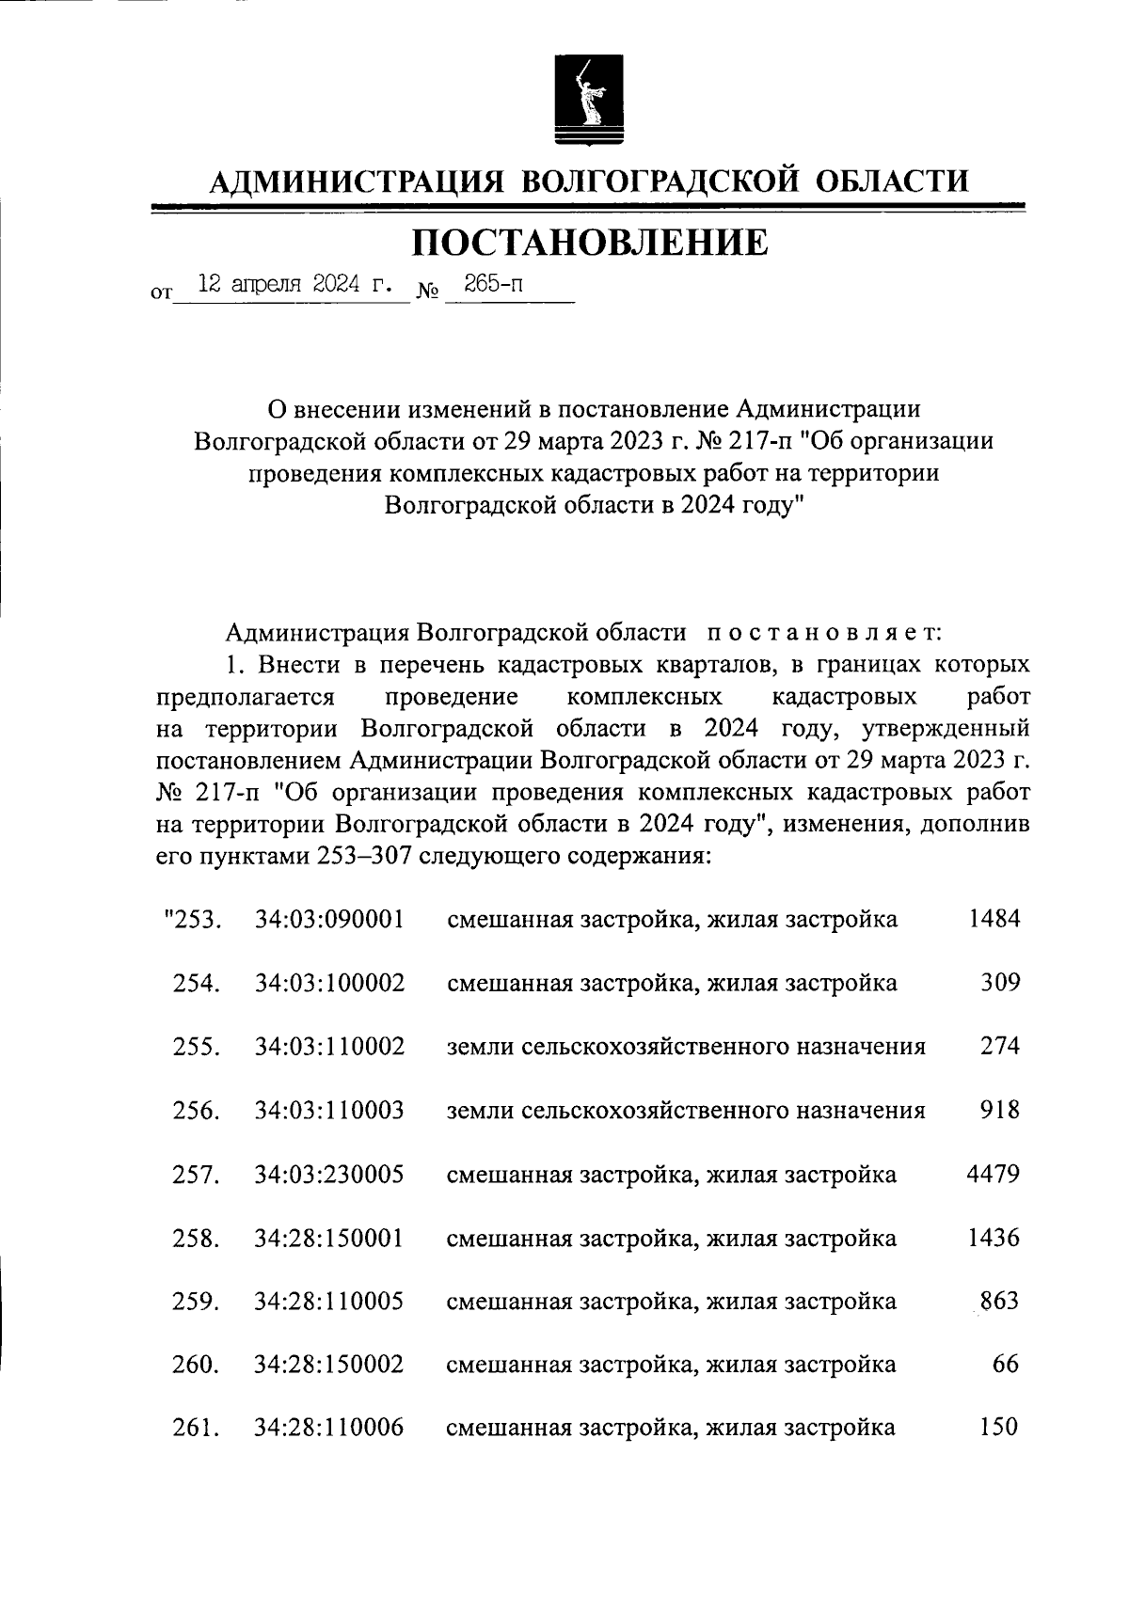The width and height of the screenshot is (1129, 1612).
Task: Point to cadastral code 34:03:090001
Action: (x=329, y=919)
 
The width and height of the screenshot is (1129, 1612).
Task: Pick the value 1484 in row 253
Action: (x=994, y=919)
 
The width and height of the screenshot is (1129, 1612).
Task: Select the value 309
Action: (x=1000, y=983)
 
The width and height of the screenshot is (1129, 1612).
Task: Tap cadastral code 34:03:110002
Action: (x=329, y=1047)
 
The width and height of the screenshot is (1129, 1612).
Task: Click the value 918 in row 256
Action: (x=1000, y=1110)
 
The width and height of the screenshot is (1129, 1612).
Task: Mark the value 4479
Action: (x=994, y=1174)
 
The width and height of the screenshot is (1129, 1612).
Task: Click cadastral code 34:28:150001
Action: (x=329, y=1238)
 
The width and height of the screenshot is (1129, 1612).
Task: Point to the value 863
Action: (x=1000, y=1302)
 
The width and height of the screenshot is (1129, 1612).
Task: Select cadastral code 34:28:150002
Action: (x=329, y=1365)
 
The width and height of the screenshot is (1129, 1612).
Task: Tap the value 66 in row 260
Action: (x=1006, y=1365)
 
